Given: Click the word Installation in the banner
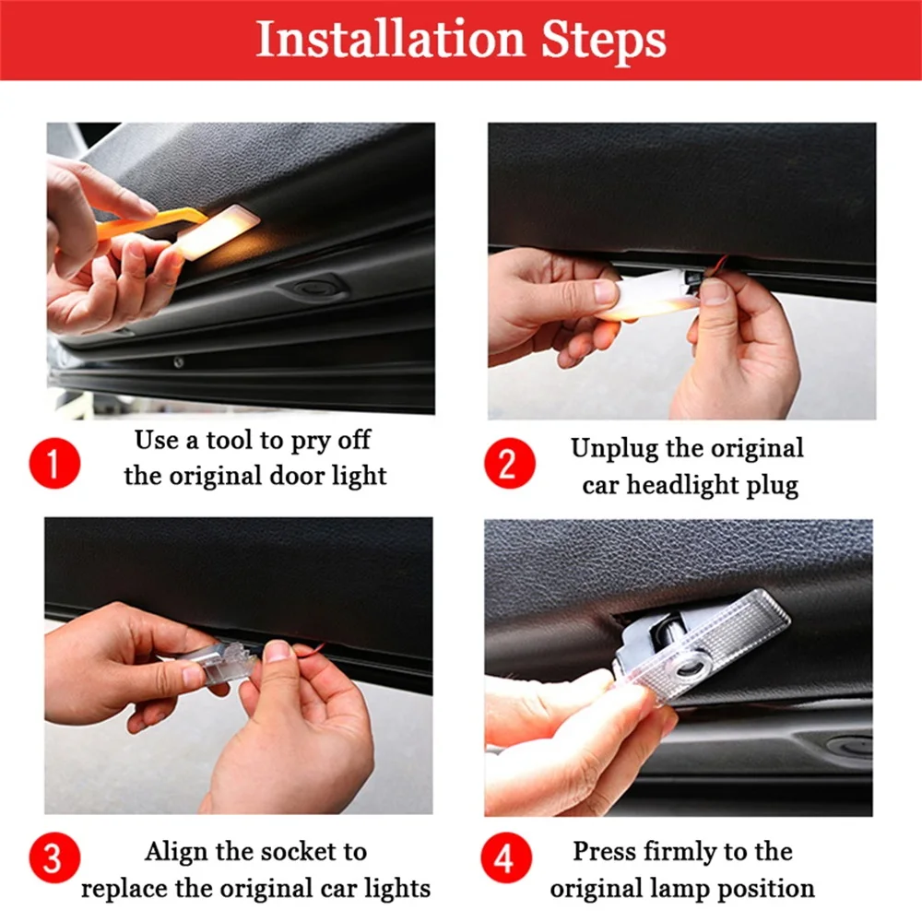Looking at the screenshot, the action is (x=390, y=39).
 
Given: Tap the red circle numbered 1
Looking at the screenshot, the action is (x=54, y=463).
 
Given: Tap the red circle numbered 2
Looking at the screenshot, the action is (x=510, y=463).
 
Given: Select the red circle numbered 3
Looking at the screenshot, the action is (x=54, y=857).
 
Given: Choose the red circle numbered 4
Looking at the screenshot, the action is (x=506, y=857).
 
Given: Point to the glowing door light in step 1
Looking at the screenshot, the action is (x=217, y=231).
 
